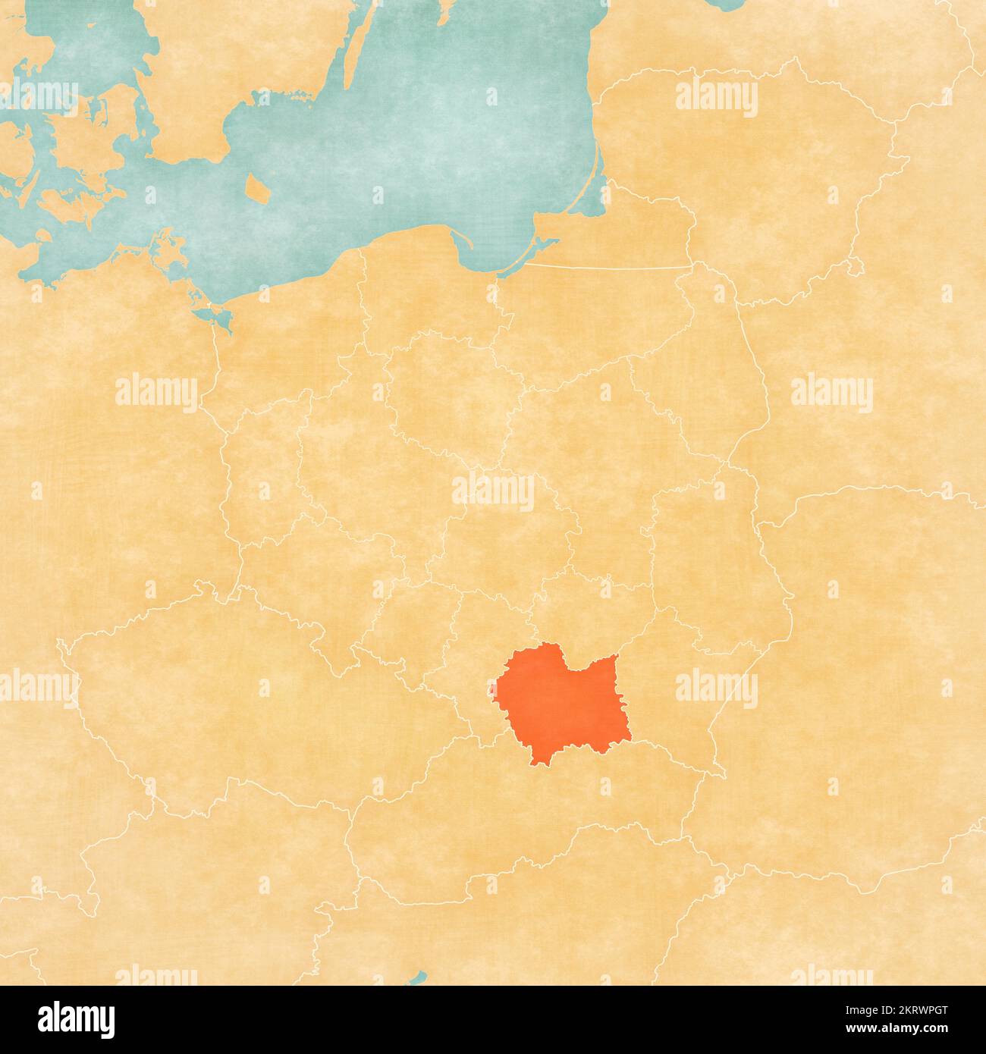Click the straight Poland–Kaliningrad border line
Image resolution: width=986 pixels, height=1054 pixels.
pyautogui.click(x=607, y=266)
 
